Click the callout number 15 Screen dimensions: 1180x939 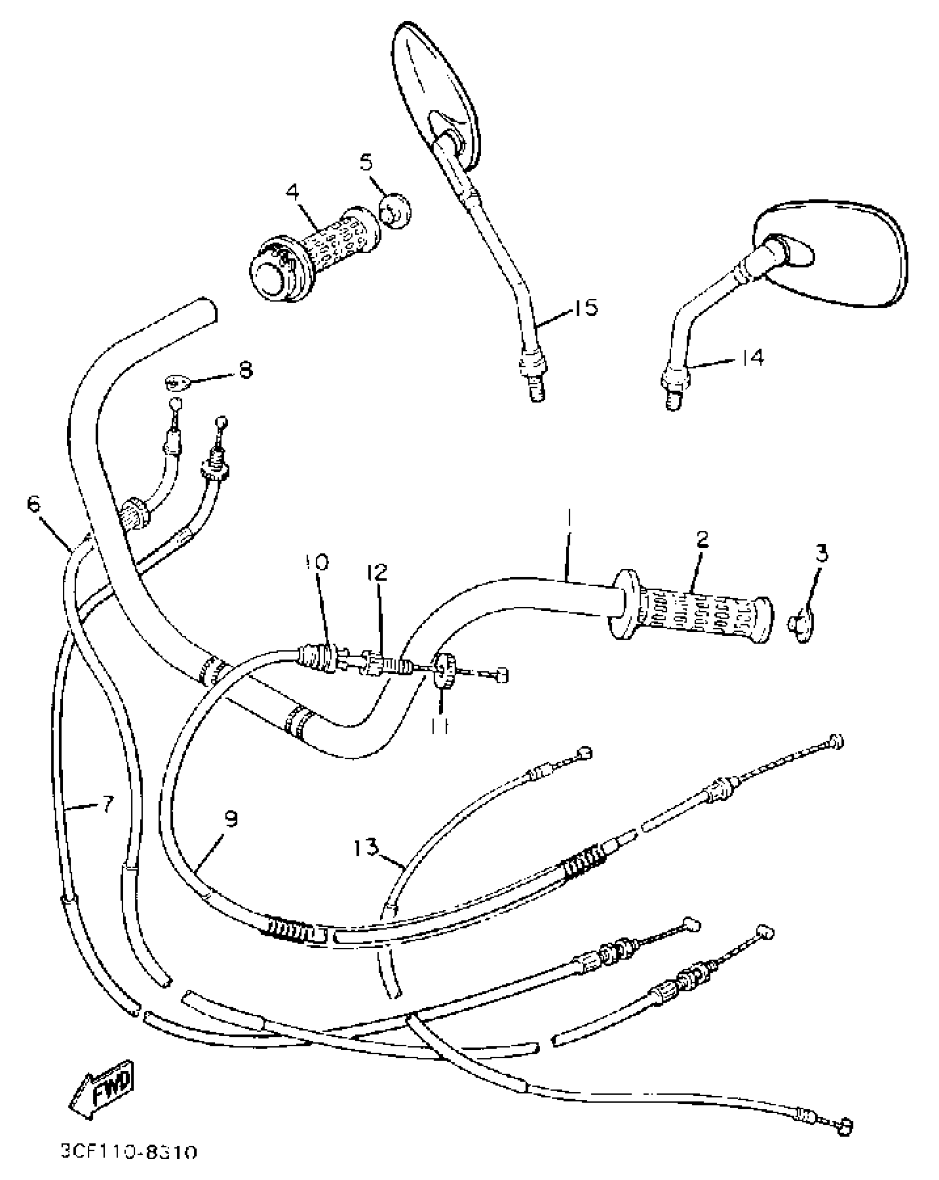tap(585, 307)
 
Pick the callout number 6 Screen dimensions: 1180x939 tap(34, 504)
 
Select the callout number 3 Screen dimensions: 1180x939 tap(822, 553)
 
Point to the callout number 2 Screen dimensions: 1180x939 tap(702, 540)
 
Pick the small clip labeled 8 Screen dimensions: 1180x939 tap(178, 381)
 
